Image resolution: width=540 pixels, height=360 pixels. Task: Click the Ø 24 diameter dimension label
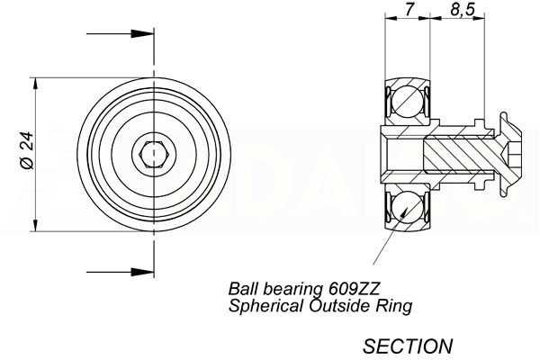point(28,150)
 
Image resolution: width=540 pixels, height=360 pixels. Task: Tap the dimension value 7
point(409,9)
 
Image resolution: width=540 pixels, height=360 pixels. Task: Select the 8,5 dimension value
point(463,10)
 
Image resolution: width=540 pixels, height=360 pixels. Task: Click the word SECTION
point(408,346)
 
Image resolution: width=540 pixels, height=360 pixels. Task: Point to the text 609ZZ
point(354,288)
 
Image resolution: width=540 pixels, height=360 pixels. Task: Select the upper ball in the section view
point(407,103)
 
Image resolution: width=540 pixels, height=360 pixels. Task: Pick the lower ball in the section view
point(407,207)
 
